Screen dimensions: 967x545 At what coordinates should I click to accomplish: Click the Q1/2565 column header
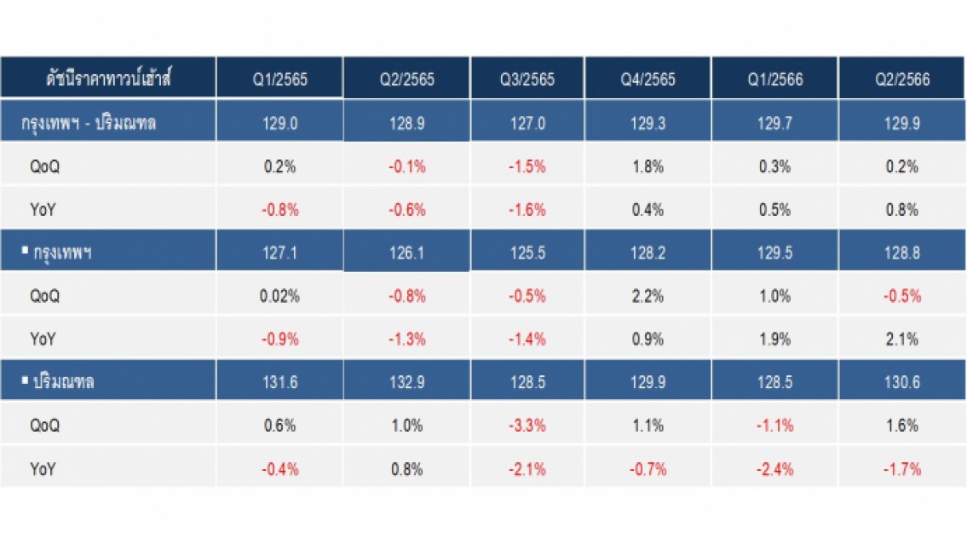point(280,79)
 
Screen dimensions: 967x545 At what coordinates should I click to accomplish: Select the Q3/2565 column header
point(527,79)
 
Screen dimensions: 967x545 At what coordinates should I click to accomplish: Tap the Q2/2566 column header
point(902,79)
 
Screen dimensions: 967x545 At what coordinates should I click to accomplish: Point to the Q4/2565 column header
point(648,79)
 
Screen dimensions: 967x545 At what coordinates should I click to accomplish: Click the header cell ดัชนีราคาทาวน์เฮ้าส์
point(108,78)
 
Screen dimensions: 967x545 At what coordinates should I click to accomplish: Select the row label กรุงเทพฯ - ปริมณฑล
point(89,123)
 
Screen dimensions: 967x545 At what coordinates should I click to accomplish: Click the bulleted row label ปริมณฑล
point(58,381)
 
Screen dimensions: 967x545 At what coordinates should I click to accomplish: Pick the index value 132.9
point(407,382)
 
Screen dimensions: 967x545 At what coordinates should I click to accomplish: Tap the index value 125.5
point(527,252)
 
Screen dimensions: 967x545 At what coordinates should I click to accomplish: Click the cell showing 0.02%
point(279,296)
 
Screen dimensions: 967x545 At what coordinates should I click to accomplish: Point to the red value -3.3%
point(527,426)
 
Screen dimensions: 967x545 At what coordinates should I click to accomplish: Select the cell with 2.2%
point(648,296)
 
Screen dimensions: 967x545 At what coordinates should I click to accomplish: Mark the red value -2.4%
point(774,469)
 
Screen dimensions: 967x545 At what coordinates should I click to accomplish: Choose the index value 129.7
point(774,123)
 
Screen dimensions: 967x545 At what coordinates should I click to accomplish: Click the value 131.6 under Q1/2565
point(280,382)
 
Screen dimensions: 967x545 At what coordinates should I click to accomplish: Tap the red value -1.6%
point(527,210)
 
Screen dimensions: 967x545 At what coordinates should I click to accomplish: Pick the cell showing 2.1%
point(902,339)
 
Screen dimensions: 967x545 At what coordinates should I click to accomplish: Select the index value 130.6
point(902,382)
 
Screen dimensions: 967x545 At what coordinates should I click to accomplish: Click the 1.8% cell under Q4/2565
point(648,166)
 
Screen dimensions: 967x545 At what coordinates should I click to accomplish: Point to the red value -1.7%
point(902,469)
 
